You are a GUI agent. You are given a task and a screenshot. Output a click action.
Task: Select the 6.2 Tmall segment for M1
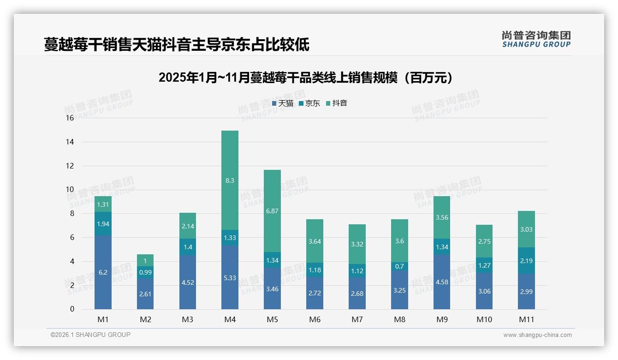(103, 272)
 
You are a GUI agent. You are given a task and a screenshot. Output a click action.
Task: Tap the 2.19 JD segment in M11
(526, 261)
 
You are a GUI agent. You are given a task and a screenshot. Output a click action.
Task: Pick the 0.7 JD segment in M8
(399, 266)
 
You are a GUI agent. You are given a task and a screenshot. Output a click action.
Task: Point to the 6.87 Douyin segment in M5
(272, 211)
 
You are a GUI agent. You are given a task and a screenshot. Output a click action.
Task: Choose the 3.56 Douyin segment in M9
(441, 217)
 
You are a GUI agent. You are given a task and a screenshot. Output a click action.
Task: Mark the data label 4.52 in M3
(188, 283)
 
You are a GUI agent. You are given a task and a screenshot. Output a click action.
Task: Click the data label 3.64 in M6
(315, 241)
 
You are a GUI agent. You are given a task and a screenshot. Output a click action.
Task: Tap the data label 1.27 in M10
(484, 265)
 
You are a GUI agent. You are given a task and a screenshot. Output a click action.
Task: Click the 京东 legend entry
(309, 103)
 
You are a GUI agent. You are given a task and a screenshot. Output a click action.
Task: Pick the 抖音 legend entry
(337, 103)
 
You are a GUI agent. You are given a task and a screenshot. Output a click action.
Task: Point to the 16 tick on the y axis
(70, 118)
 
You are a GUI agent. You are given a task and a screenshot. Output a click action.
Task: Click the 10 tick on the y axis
(70, 190)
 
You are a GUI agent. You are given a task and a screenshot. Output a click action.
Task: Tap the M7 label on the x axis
(357, 319)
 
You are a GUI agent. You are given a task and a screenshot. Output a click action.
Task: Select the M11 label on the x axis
(526, 319)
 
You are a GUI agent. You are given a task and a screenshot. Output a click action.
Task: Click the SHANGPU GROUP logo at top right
(536, 39)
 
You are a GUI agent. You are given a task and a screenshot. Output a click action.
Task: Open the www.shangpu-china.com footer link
(537, 335)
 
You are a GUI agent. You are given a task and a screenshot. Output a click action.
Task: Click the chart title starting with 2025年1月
(305, 78)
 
